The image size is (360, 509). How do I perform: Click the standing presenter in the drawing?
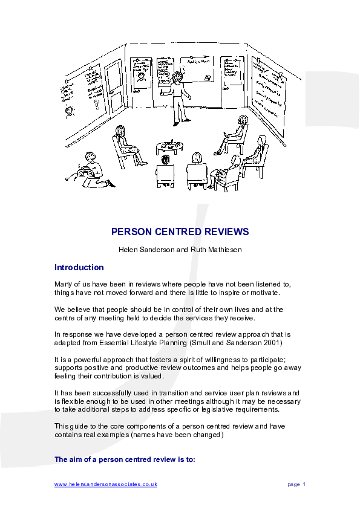pos(178,94)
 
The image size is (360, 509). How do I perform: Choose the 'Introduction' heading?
pos(79,267)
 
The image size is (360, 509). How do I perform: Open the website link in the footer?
pos(106,484)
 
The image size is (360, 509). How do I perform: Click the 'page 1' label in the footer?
pos(296,484)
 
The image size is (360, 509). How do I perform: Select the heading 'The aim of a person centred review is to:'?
pos(125,459)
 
